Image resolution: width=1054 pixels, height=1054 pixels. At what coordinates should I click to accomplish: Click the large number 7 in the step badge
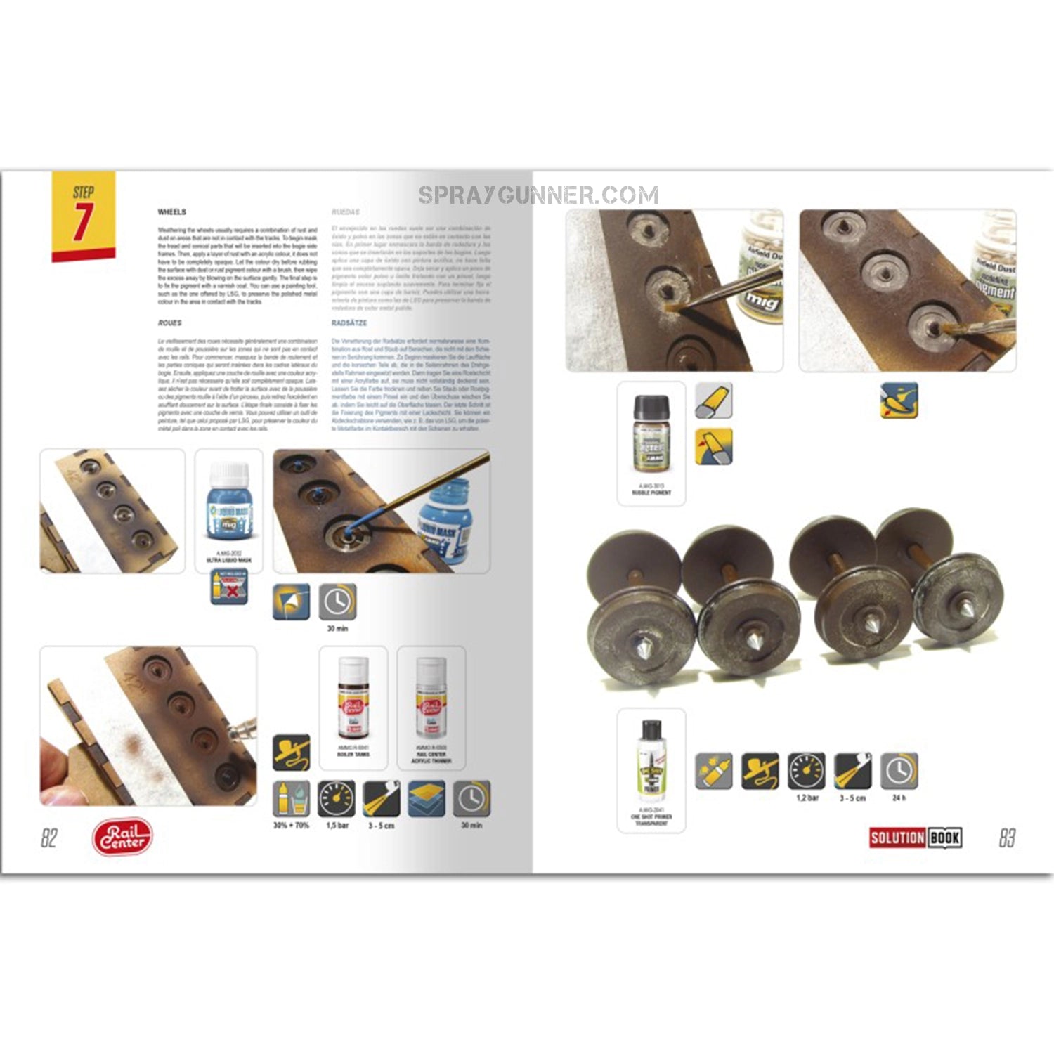pyautogui.click(x=83, y=222)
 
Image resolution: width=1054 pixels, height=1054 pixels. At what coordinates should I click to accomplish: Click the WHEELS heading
pyautogui.click(x=172, y=212)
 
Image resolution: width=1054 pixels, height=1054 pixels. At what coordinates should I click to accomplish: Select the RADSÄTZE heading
pyautogui.click(x=349, y=323)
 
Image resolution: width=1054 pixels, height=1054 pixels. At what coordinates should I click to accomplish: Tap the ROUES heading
pyautogui.click(x=170, y=323)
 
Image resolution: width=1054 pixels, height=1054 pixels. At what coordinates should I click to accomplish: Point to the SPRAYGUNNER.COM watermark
pyautogui.click(x=538, y=195)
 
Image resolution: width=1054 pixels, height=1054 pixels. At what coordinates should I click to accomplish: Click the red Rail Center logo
pyautogui.click(x=122, y=837)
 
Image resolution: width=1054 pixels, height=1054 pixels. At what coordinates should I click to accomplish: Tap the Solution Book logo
pyautogui.click(x=915, y=838)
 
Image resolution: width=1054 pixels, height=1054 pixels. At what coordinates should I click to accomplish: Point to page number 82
pyautogui.click(x=48, y=838)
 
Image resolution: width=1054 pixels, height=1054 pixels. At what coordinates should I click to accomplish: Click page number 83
pyautogui.click(x=1007, y=838)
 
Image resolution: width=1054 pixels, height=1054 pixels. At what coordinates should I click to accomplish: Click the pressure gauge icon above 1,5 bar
pyautogui.click(x=337, y=799)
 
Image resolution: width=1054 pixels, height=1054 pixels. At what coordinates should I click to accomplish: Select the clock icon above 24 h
pyautogui.click(x=899, y=771)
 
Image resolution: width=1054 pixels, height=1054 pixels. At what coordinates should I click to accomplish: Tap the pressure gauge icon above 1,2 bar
pyautogui.click(x=806, y=771)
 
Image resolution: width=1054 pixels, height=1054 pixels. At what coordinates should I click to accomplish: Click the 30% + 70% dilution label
pyautogui.click(x=291, y=826)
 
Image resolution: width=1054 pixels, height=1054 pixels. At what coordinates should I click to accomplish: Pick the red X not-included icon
pyautogui.click(x=229, y=587)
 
